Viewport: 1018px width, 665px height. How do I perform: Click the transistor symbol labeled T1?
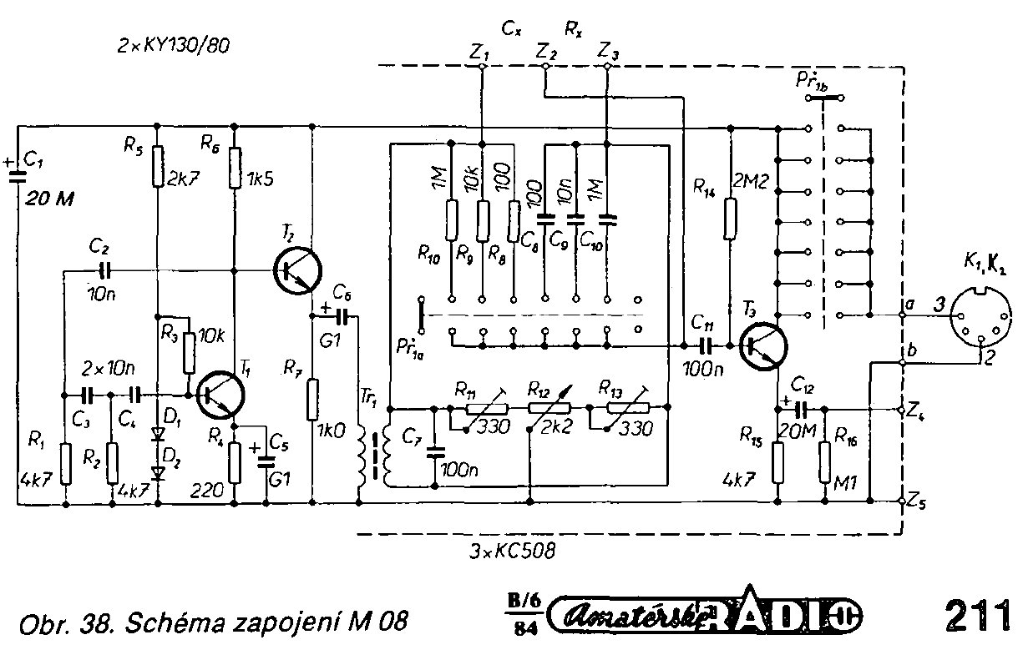pos(220,395)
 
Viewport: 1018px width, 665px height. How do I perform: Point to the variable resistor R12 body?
pos(549,408)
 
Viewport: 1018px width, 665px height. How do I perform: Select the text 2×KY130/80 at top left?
pos(174,47)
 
